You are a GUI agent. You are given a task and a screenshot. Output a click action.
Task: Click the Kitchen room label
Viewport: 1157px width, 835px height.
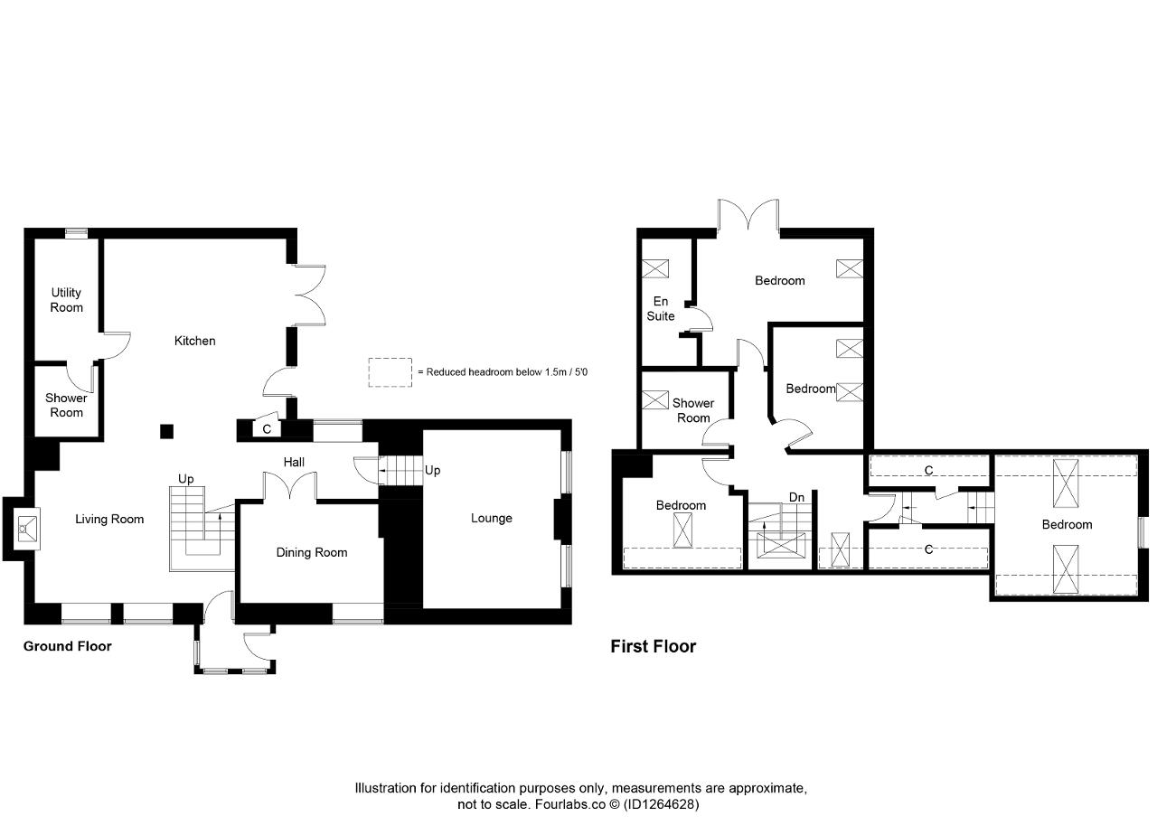[194, 341]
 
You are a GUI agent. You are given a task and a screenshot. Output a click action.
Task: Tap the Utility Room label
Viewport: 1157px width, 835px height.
[66, 300]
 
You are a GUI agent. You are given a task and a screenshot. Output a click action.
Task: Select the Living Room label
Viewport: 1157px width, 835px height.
[109, 519]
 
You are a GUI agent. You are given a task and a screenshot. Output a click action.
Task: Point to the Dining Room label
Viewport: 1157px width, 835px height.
[312, 552]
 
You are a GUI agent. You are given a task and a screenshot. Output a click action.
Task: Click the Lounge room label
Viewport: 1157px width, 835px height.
[491, 518]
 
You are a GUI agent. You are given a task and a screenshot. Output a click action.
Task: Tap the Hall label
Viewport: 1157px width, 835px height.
[294, 462]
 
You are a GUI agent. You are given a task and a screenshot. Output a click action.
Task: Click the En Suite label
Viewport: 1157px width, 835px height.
[661, 308]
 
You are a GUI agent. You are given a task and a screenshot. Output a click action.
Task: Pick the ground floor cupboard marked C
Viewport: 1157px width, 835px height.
[267, 429]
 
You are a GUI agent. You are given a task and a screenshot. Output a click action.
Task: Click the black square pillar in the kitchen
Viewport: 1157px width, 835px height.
[166, 431]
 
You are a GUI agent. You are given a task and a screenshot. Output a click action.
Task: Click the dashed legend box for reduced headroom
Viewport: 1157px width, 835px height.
[390, 372]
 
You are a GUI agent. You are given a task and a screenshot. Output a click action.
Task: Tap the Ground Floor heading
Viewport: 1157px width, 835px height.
[67, 646]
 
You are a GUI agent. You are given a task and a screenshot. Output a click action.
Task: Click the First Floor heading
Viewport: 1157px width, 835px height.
[654, 646]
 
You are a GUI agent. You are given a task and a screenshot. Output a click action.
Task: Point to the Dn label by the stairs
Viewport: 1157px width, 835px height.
[796, 497]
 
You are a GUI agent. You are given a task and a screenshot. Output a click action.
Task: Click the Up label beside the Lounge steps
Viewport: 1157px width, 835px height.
[432, 471]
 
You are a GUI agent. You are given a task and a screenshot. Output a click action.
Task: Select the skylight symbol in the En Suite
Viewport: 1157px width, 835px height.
[655, 268]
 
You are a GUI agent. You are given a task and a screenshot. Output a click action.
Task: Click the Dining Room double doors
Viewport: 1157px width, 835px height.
[290, 486]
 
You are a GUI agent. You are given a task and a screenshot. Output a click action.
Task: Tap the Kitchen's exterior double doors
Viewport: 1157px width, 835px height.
[309, 296]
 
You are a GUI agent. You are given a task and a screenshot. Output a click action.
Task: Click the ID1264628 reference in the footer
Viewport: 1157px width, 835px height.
[661, 804]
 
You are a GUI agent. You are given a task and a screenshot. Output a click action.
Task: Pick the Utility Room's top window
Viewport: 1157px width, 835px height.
[77, 233]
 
